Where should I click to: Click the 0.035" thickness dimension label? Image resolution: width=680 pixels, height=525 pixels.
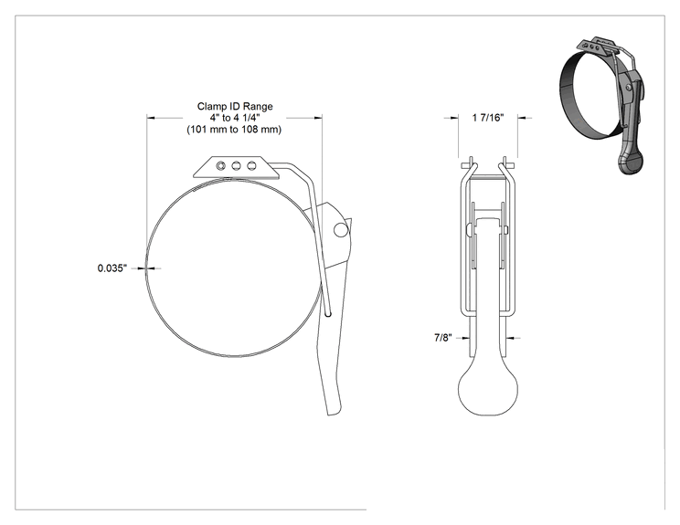pos(112,268)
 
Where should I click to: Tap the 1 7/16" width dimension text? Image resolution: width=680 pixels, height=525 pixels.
pos(488,118)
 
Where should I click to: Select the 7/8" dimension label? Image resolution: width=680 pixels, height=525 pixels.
pos(443,338)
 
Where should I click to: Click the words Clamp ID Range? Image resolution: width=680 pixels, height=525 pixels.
pos(235,106)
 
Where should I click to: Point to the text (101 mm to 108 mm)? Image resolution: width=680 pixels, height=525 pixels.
pos(234,129)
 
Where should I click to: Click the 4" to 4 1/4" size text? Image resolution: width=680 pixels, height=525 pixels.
pos(235,118)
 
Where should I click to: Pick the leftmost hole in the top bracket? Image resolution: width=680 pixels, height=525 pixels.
pos(221,165)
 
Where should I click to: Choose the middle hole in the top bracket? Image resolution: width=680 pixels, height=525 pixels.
pos(237,165)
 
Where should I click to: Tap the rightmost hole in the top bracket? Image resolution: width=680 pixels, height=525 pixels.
pos(251,165)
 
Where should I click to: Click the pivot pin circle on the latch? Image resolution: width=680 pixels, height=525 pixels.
pos(341,230)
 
